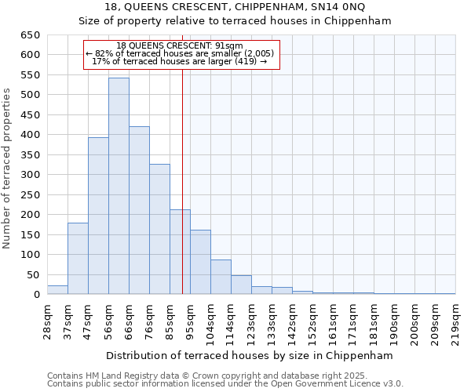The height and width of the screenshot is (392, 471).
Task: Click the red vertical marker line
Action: point(182,196)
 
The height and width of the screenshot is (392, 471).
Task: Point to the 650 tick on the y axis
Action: point(29,35)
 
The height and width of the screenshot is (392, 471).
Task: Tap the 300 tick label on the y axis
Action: point(29,175)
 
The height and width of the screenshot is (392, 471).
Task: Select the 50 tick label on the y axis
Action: point(32,275)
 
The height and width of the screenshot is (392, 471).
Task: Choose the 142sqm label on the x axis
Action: point(291,321)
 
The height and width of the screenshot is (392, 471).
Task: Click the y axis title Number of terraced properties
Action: point(8,169)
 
